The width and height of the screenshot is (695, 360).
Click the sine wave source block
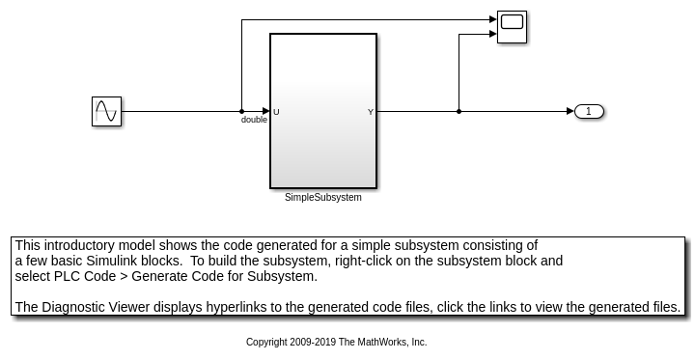106,111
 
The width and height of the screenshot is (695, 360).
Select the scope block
512,26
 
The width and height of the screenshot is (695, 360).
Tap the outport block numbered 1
589,111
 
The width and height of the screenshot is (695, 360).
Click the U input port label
276,112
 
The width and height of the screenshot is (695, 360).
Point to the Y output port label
371,112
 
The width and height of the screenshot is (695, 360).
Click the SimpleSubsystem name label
322,198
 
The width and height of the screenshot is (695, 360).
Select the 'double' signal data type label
254,120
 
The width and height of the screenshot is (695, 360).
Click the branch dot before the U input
241,111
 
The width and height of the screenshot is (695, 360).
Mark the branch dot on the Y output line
459,111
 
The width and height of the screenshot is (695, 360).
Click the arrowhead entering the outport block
570,111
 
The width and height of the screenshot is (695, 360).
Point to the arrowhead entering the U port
265,111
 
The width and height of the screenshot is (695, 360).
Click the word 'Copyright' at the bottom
267,342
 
